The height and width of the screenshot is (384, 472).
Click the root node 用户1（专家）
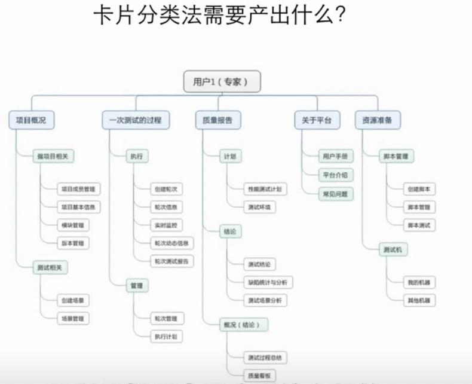click(220, 82)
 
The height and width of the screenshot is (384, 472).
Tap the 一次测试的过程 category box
click(135, 120)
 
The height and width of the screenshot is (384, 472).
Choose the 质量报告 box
click(217, 120)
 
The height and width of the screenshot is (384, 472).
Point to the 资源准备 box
click(378, 120)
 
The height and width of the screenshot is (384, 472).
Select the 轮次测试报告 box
click(171, 261)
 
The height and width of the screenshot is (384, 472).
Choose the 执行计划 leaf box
click(165, 336)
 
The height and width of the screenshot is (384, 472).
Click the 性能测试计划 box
click(264, 189)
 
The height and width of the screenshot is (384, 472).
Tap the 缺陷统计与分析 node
click(267, 282)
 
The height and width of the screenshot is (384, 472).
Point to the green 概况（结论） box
click(243, 324)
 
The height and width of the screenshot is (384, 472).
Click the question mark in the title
click(339, 16)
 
